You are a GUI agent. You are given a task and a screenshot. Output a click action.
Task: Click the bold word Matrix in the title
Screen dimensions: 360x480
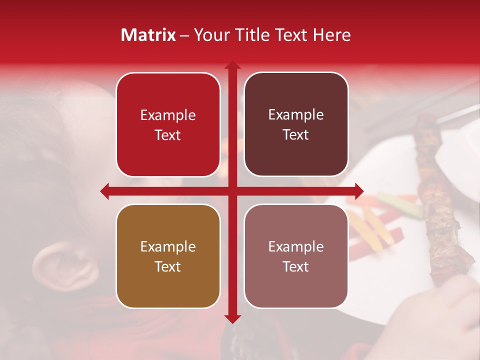tap(148, 35)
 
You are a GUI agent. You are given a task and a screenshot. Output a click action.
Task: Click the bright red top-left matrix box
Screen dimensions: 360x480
tap(168, 124)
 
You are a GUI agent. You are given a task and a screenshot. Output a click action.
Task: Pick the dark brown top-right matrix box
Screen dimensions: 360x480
tap(296, 124)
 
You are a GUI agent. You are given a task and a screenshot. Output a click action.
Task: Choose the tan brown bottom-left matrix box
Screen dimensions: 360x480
tap(168, 256)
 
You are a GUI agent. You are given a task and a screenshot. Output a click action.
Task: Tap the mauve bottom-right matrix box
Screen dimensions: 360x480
tap(296, 256)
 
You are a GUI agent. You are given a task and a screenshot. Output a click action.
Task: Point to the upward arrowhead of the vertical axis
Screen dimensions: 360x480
tap(232, 65)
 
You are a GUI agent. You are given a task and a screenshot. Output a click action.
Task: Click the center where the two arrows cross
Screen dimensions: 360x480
tap(232, 191)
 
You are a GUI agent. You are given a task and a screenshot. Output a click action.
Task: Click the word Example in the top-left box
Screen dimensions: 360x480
tap(168, 115)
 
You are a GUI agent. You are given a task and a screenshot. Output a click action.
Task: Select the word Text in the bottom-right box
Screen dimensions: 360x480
tap(296, 266)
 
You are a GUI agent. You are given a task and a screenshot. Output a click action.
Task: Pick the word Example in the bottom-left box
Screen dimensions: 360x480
tap(168, 246)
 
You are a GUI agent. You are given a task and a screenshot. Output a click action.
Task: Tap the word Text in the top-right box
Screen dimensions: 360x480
tap(296, 135)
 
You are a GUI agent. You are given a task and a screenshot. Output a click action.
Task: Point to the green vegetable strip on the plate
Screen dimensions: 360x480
tap(400, 205)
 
